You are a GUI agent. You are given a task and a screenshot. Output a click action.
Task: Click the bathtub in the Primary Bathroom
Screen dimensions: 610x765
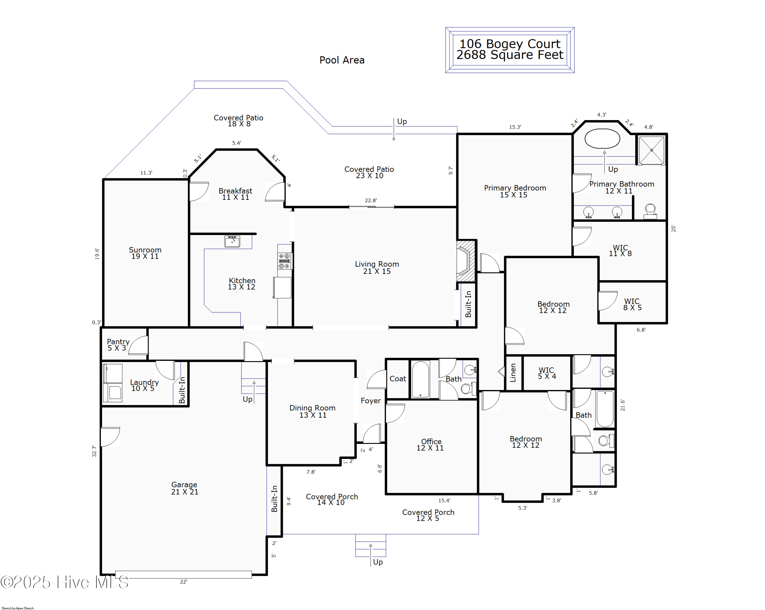[602, 138]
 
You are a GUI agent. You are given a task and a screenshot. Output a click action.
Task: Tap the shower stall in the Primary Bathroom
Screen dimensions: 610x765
[652, 150]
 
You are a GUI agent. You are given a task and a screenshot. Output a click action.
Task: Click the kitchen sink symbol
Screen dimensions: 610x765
[232, 241]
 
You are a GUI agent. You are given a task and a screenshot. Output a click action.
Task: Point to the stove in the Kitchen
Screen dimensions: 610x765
[285, 261]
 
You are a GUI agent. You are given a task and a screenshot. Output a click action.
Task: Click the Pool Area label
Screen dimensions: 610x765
[342, 60]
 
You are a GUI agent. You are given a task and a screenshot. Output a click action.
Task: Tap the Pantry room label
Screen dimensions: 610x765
[118, 344]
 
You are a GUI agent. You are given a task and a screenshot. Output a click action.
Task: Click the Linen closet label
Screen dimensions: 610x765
[513, 373]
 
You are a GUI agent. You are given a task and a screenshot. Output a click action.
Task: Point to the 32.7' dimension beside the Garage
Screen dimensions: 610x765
[94, 451]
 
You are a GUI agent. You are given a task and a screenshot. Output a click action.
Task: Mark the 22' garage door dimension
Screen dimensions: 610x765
[183, 582]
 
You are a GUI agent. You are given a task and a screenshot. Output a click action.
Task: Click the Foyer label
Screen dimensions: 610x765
[371, 401]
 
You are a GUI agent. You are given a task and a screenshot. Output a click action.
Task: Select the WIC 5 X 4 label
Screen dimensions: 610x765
[546, 373]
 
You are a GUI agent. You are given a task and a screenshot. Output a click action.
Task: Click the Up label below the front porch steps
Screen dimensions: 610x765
[378, 562]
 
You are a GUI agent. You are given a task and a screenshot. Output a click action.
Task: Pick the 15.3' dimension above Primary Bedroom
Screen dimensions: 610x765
[515, 127]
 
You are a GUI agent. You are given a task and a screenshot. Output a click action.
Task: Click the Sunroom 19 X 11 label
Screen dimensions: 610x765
[145, 253]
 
